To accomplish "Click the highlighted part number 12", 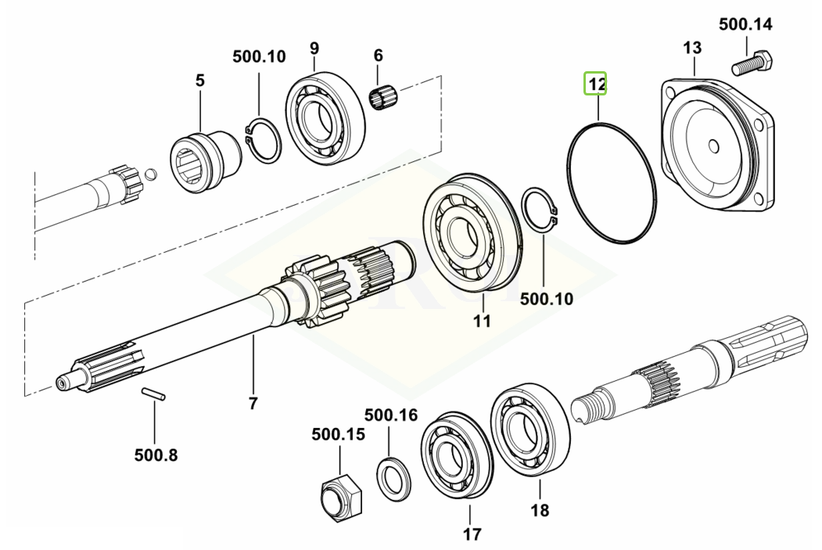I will point(596,83).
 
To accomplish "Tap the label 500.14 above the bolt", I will point(745,24).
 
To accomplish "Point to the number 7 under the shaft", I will point(253,404).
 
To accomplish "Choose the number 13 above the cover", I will point(692,48).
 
